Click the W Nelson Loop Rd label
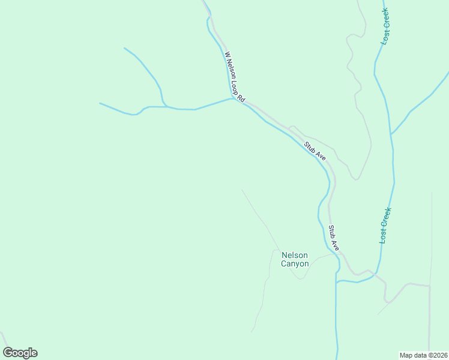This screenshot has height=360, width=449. click(x=234, y=76)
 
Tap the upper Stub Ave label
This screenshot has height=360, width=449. click(x=315, y=151)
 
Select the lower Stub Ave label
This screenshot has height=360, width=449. click(x=334, y=238)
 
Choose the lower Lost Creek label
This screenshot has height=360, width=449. click(x=385, y=225)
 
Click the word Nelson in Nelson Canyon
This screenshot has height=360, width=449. click(x=295, y=256)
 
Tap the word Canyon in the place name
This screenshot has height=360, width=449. click(x=295, y=263)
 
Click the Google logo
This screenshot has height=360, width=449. click(x=20, y=353)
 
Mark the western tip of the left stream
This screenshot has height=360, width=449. click(x=100, y=103)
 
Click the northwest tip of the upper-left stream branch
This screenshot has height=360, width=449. click(x=124, y=48)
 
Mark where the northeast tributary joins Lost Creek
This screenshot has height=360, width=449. click(x=391, y=133)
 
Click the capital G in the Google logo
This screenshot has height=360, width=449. click(x=8, y=353)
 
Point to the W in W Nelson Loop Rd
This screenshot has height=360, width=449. click(x=227, y=55)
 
